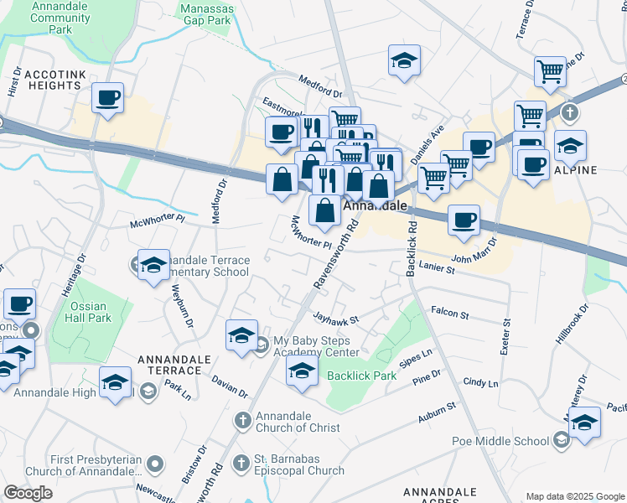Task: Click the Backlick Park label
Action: (x=361, y=376)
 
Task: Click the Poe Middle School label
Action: (x=512, y=441)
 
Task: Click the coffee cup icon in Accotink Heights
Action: (x=107, y=98)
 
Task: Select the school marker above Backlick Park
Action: (x=301, y=371)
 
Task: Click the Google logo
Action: (x=28, y=493)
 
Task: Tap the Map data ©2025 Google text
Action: (x=574, y=496)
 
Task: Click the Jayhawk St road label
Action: (x=334, y=319)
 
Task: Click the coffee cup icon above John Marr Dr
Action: (x=464, y=220)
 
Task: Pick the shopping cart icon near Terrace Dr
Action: (x=550, y=70)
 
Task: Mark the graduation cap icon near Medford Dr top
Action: (x=403, y=60)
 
